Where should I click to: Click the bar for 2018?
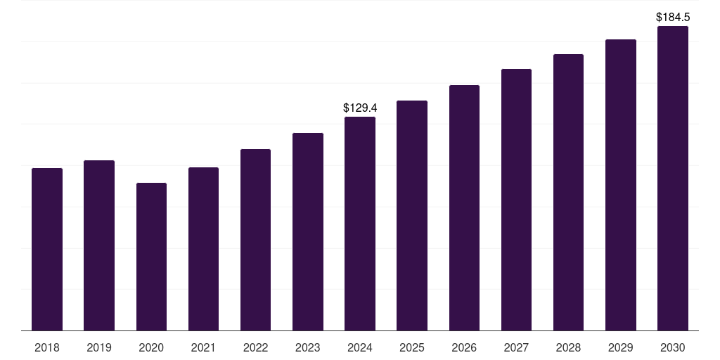[x=47, y=250]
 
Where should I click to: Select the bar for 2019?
[x=99, y=245]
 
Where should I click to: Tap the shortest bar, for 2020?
[x=151, y=257]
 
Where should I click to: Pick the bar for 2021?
[x=203, y=249]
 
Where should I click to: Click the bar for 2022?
[x=255, y=240]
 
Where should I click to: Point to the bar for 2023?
[x=308, y=232]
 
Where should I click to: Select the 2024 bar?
[x=360, y=224]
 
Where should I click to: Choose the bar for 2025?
[x=412, y=216]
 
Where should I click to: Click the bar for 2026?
[x=464, y=208]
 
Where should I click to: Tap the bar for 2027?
[x=516, y=200]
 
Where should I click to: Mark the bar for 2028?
[x=568, y=193]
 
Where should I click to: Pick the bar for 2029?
[x=621, y=185]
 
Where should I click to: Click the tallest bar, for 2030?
[x=673, y=179]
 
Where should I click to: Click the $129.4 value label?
[x=360, y=108]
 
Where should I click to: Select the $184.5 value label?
[x=673, y=17]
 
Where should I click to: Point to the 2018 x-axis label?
[x=47, y=347]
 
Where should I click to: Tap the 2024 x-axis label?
[x=360, y=347]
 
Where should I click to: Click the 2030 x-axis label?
[x=673, y=347]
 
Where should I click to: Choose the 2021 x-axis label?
[x=203, y=347]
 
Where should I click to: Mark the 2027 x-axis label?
[x=516, y=347]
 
